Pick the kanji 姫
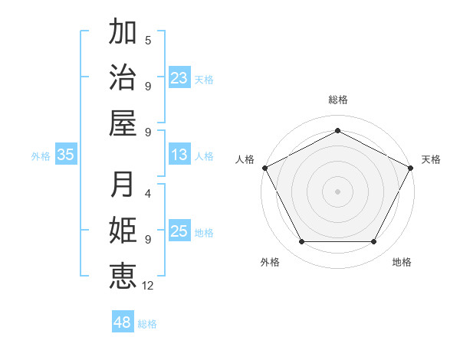[x=123, y=230]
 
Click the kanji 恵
[x=123, y=275]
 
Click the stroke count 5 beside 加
[x=148, y=41]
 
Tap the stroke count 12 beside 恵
[x=149, y=285]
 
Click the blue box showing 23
[x=179, y=77]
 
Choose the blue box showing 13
[x=179, y=155]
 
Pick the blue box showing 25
[x=179, y=232]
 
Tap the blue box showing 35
[x=66, y=155]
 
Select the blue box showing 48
[x=122, y=322]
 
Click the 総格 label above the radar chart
[x=337, y=100]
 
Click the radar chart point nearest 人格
[x=264, y=167]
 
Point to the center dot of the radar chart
[x=337, y=191]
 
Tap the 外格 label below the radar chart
[x=270, y=262]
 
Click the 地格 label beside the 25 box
[x=204, y=233]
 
